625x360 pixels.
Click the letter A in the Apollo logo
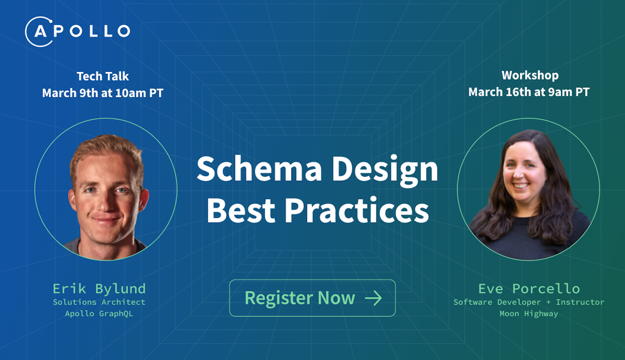[41, 32]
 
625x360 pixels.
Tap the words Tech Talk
[103, 76]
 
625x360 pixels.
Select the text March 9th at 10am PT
[103, 93]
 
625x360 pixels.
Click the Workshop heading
[530, 76]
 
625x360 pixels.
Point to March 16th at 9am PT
[529, 92]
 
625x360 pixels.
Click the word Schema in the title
[259, 169]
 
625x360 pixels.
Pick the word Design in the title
[385, 171]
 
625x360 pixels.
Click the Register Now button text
[300, 298]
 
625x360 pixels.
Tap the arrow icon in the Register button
[373, 298]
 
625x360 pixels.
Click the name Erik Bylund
[99, 289]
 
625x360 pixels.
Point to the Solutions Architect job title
[99, 302]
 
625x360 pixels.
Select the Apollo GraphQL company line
[99, 314]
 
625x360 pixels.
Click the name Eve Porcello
[529, 289]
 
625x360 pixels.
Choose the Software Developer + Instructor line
[529, 302]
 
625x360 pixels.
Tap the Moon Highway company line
[529, 314]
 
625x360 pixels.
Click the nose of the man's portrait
[105, 203]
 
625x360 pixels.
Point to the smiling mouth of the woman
[521, 185]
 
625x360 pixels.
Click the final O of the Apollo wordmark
[123, 31]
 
